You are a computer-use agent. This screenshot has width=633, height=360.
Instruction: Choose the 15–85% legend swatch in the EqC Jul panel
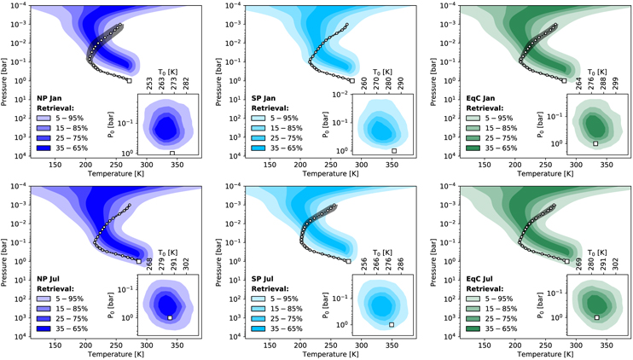pos(467,308)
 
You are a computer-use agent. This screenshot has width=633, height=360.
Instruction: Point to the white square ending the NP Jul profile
pos(139,261)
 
